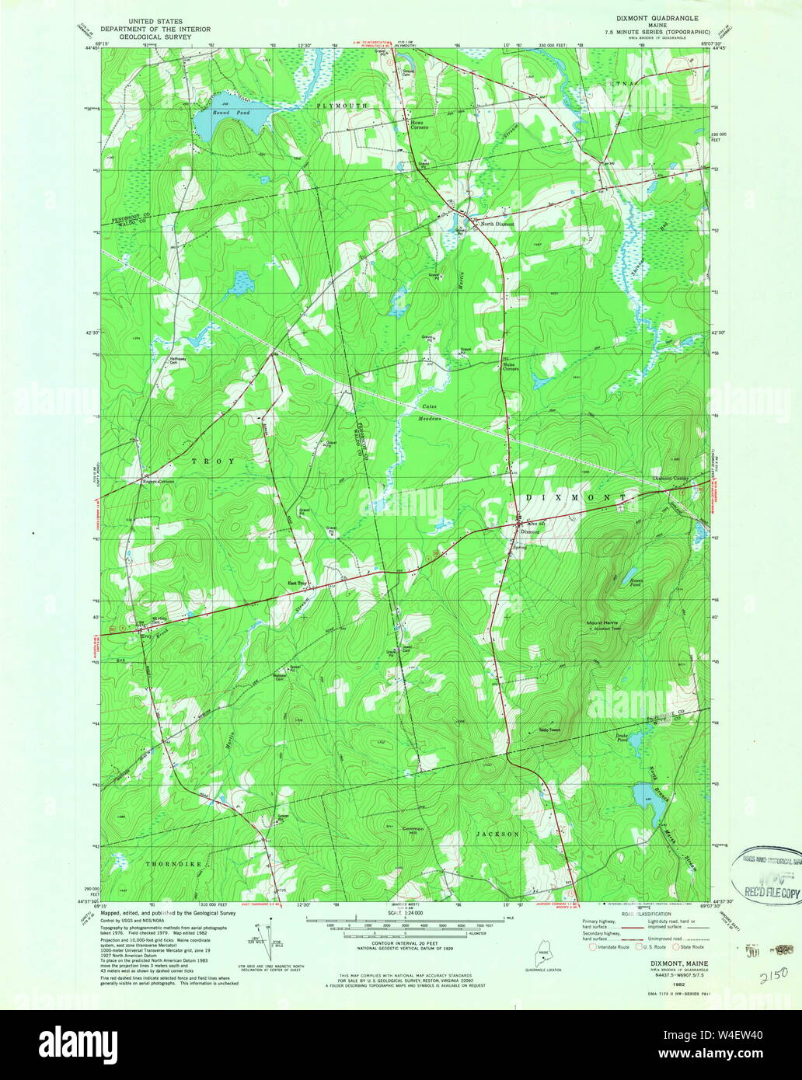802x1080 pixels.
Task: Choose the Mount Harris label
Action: point(602,623)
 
